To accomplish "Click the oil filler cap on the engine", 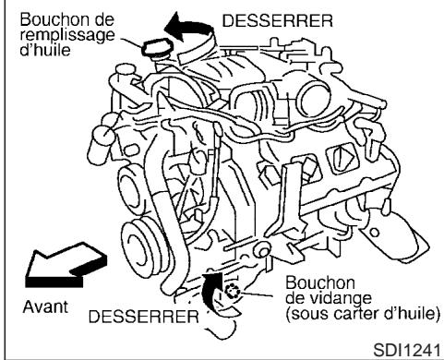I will [x=154, y=53].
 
